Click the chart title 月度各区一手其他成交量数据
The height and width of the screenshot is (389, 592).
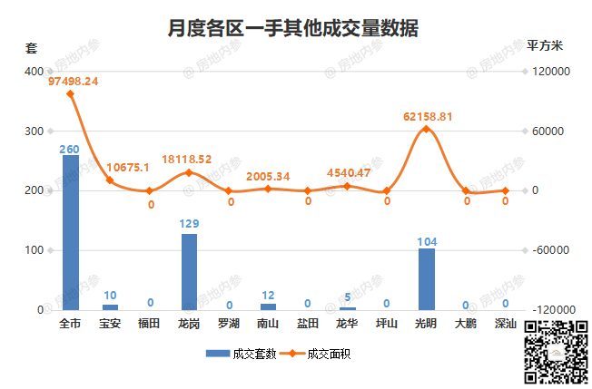pos(293,28)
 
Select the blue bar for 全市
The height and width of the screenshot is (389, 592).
pos(71,232)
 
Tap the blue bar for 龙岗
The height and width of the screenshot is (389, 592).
pos(189,271)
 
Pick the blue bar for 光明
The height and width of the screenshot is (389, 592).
pos(426,278)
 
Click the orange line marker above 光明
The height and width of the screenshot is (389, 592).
pos(426,129)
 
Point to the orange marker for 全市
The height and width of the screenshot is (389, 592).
pos(71,93)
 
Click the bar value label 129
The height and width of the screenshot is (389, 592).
pos(189,223)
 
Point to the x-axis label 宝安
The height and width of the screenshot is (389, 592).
pos(110,324)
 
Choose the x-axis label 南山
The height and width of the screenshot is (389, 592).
pos(268,324)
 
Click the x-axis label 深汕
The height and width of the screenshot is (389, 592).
pos(505,324)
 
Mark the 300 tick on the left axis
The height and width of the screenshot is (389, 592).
pos(33,131)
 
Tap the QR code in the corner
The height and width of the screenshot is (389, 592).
pos(556,353)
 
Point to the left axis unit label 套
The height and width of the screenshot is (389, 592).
pos(31,47)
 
